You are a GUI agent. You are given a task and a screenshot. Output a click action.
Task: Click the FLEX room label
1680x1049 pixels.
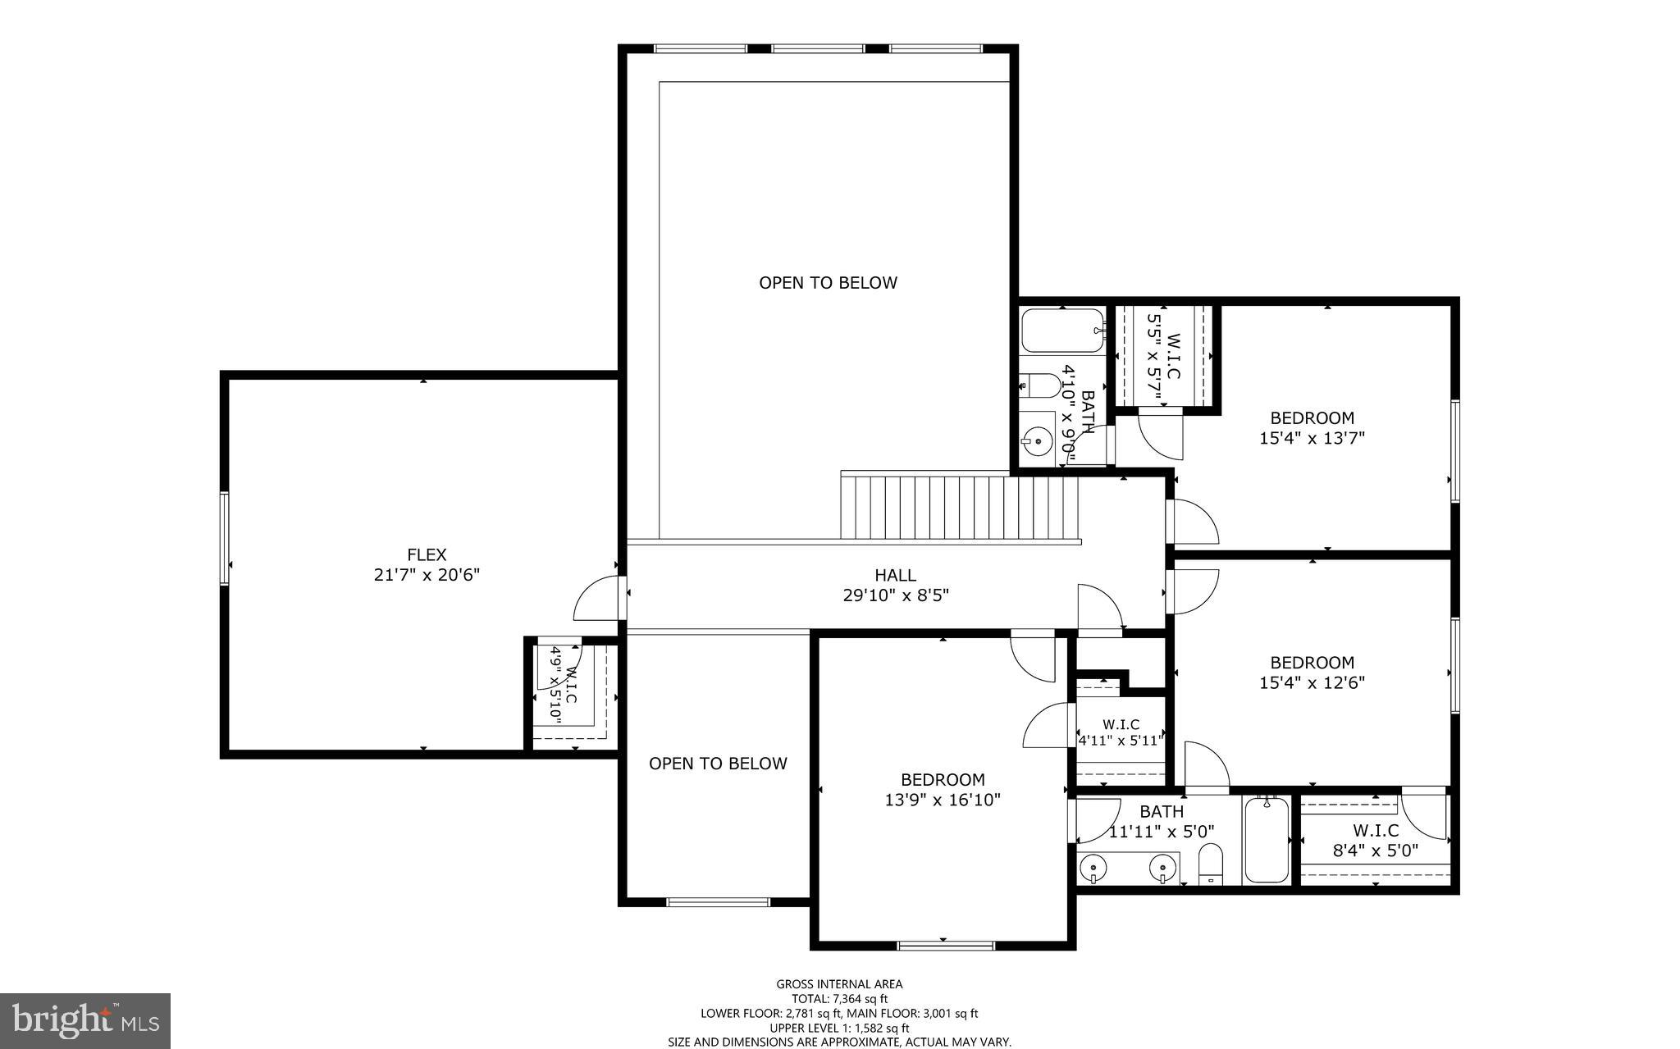[x=427, y=555]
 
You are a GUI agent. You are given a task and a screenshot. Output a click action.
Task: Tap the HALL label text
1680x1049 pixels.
[x=895, y=576]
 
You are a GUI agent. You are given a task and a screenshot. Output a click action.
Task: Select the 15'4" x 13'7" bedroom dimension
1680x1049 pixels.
[x=1312, y=439]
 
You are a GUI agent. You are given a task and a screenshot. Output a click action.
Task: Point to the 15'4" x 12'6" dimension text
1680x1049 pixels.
[x=1312, y=682]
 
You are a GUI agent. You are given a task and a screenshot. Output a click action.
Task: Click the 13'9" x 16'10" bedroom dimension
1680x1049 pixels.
[x=943, y=800]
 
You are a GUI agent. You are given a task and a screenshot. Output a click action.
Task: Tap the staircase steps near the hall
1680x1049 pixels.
[x=960, y=508]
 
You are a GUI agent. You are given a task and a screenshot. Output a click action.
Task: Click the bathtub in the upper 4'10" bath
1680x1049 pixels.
[x=1063, y=331]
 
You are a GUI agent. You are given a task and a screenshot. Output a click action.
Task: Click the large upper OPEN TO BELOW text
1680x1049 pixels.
[x=828, y=283]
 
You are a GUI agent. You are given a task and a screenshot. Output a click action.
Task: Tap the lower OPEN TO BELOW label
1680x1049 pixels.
[x=718, y=764]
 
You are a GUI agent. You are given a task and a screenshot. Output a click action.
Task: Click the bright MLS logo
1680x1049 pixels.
[x=85, y=1019]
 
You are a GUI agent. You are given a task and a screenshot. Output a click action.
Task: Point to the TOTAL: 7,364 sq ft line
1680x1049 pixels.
[x=839, y=999]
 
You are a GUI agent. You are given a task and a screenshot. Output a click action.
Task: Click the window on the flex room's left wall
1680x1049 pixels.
[x=224, y=538]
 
